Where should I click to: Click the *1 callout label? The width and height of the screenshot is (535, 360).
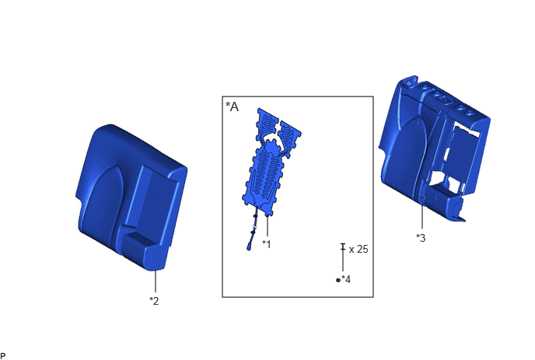click(x=267, y=244)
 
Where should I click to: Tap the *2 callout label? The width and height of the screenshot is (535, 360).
click(x=154, y=301)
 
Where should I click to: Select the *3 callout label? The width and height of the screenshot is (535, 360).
click(x=421, y=238)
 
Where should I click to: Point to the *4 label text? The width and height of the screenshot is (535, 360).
click(x=346, y=279)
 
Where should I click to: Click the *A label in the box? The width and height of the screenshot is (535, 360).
click(x=233, y=107)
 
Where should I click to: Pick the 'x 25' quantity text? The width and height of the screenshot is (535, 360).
click(x=358, y=249)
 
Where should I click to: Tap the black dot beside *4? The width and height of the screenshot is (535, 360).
click(x=338, y=280)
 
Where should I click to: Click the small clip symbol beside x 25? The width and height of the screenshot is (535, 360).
click(x=343, y=247)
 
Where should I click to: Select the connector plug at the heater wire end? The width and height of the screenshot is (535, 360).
click(x=250, y=246)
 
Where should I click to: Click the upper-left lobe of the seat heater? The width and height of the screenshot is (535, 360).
click(x=267, y=124)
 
